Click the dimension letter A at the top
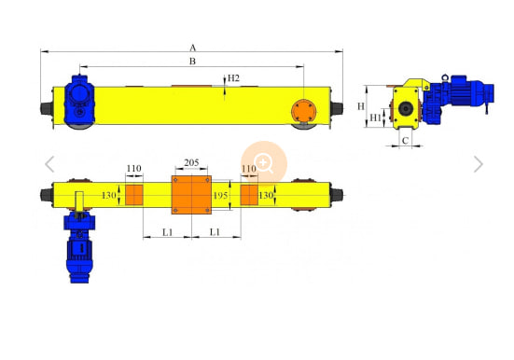click(193, 48)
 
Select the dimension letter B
click(193, 62)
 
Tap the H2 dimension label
click(233, 78)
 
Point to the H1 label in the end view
click(375, 118)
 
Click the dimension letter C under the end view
click(405, 141)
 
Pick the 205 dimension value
click(191, 163)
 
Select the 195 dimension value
click(220, 196)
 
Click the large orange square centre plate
click(191, 195)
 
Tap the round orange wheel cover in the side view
click(303, 112)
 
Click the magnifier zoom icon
click(264, 163)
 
